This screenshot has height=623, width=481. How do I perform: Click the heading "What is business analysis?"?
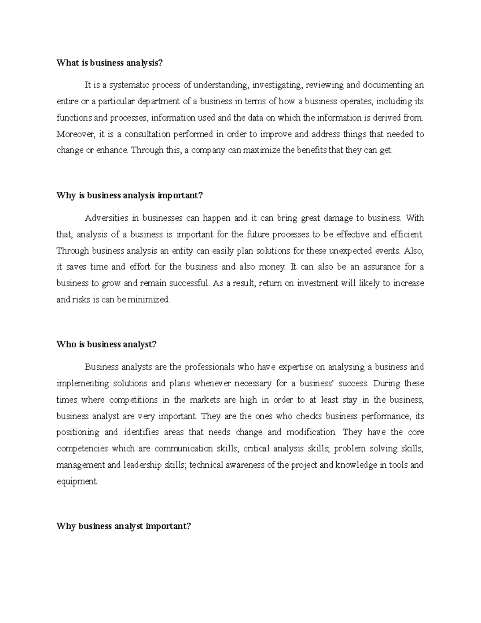coord(111,63)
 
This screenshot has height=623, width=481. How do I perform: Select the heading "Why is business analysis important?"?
coord(130,195)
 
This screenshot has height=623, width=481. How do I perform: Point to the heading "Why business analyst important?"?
coord(124,526)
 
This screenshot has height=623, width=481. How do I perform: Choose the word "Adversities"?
coord(106,218)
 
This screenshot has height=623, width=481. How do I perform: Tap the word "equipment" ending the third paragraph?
coord(77,481)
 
